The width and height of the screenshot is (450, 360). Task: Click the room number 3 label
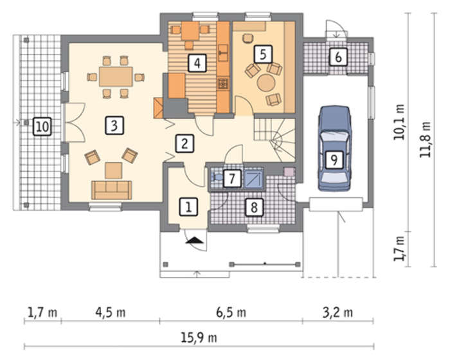pos(114,125)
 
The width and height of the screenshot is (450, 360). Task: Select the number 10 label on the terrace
pos(42,126)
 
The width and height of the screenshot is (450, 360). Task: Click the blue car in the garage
pos(334,148)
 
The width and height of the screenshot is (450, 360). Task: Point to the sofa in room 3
pos(112,190)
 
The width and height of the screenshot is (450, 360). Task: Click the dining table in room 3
pos(116,76)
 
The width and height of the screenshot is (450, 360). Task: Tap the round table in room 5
pos(266,83)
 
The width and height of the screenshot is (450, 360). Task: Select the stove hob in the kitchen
pos(223,84)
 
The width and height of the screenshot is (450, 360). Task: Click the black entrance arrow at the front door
pos(195,240)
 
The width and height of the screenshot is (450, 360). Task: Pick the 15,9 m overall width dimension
pos(199,337)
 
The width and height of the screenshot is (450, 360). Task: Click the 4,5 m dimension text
pos(111,312)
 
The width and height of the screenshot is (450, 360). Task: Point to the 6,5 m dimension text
pos(231,312)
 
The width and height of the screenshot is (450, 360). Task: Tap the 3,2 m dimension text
pos(337,312)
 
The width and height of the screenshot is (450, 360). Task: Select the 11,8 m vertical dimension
pos(426,139)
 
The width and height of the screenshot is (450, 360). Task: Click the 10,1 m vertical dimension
pos(399,122)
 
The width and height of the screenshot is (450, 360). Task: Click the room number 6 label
pos(338,57)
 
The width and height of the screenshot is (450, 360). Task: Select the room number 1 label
pos(188,207)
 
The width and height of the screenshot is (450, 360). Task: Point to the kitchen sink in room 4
pos(223,53)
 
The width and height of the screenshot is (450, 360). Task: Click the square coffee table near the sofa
pos(114,170)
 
